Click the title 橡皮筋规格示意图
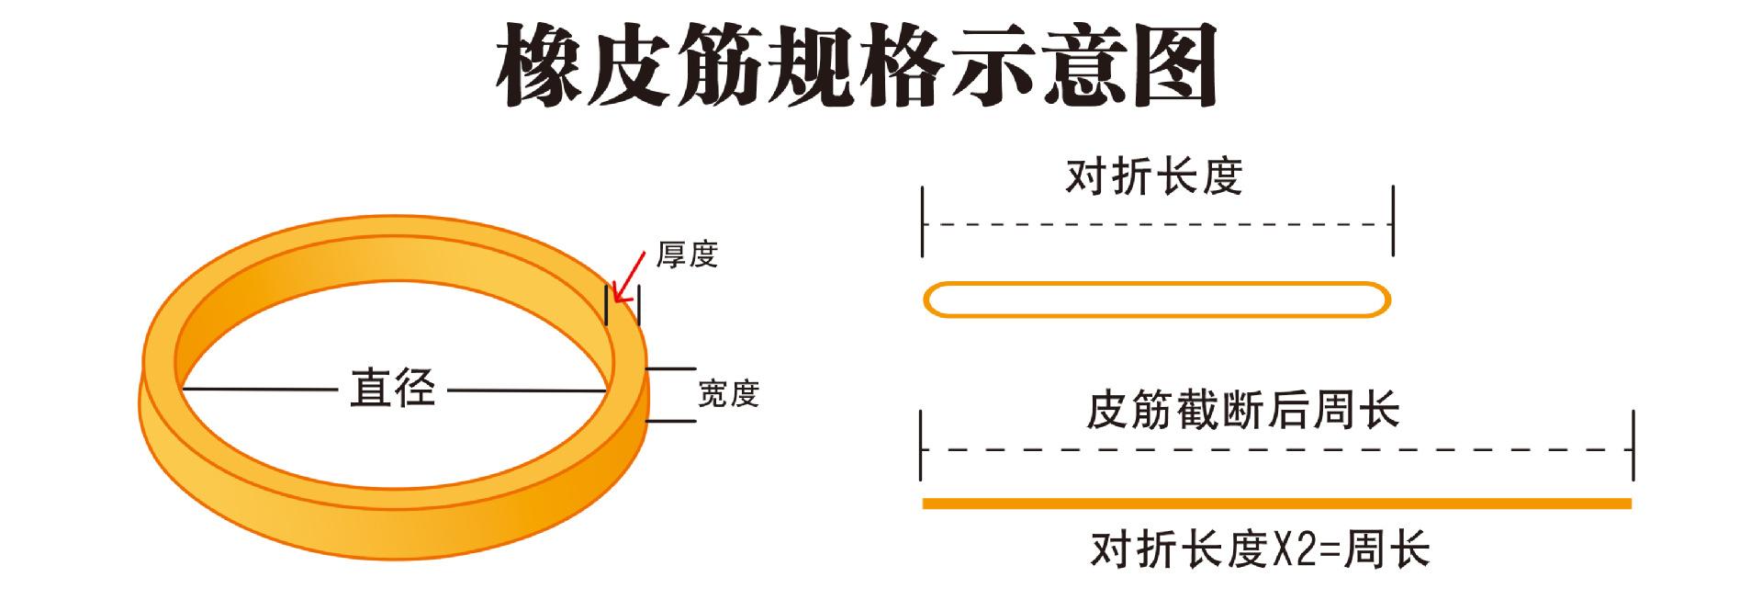point(856,66)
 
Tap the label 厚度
point(687,255)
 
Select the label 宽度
point(728,394)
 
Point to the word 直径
point(392,390)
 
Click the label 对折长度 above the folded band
point(1153,176)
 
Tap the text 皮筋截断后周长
point(1242,410)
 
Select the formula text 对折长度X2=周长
point(1261,550)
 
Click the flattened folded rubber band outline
point(1157,300)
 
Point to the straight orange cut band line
point(1276,504)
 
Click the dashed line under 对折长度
point(1157,224)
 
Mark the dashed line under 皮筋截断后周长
point(1276,450)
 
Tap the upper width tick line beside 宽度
point(671,369)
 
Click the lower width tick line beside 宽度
point(671,422)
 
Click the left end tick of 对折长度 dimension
point(923,221)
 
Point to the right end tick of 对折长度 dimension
point(1393,221)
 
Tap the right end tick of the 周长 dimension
point(1633,447)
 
